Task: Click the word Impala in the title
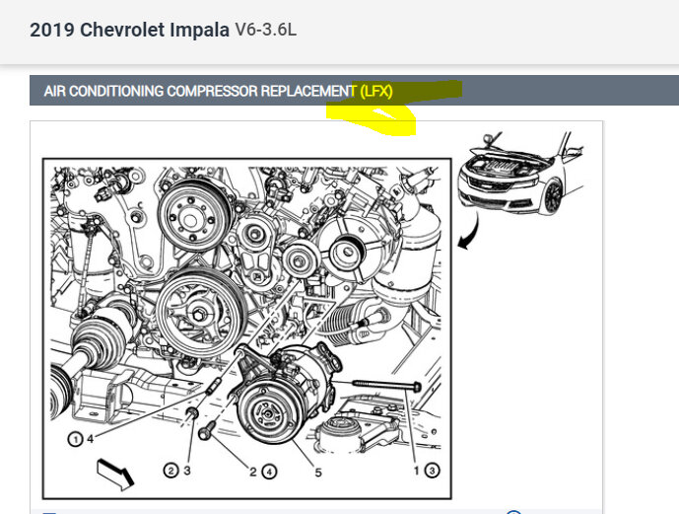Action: [199, 31]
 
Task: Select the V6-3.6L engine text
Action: [265, 30]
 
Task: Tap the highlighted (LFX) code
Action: [375, 91]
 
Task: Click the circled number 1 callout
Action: [75, 439]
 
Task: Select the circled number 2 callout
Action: [170, 471]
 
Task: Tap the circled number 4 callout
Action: [269, 472]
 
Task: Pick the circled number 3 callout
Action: [432, 471]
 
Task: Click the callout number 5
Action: [318, 473]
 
